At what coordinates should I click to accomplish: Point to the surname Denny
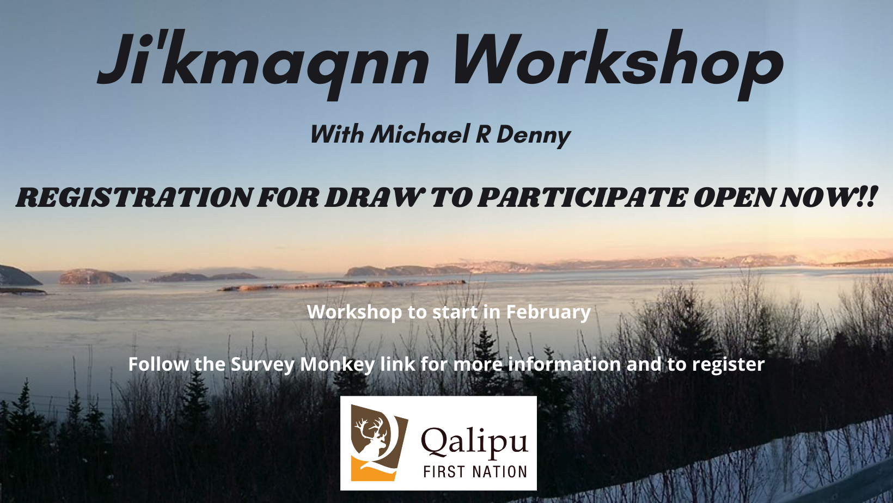(x=534, y=136)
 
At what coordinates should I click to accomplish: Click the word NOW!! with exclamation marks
(x=828, y=198)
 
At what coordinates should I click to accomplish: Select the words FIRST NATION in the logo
(x=475, y=472)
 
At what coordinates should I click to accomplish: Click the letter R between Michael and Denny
(x=482, y=134)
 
